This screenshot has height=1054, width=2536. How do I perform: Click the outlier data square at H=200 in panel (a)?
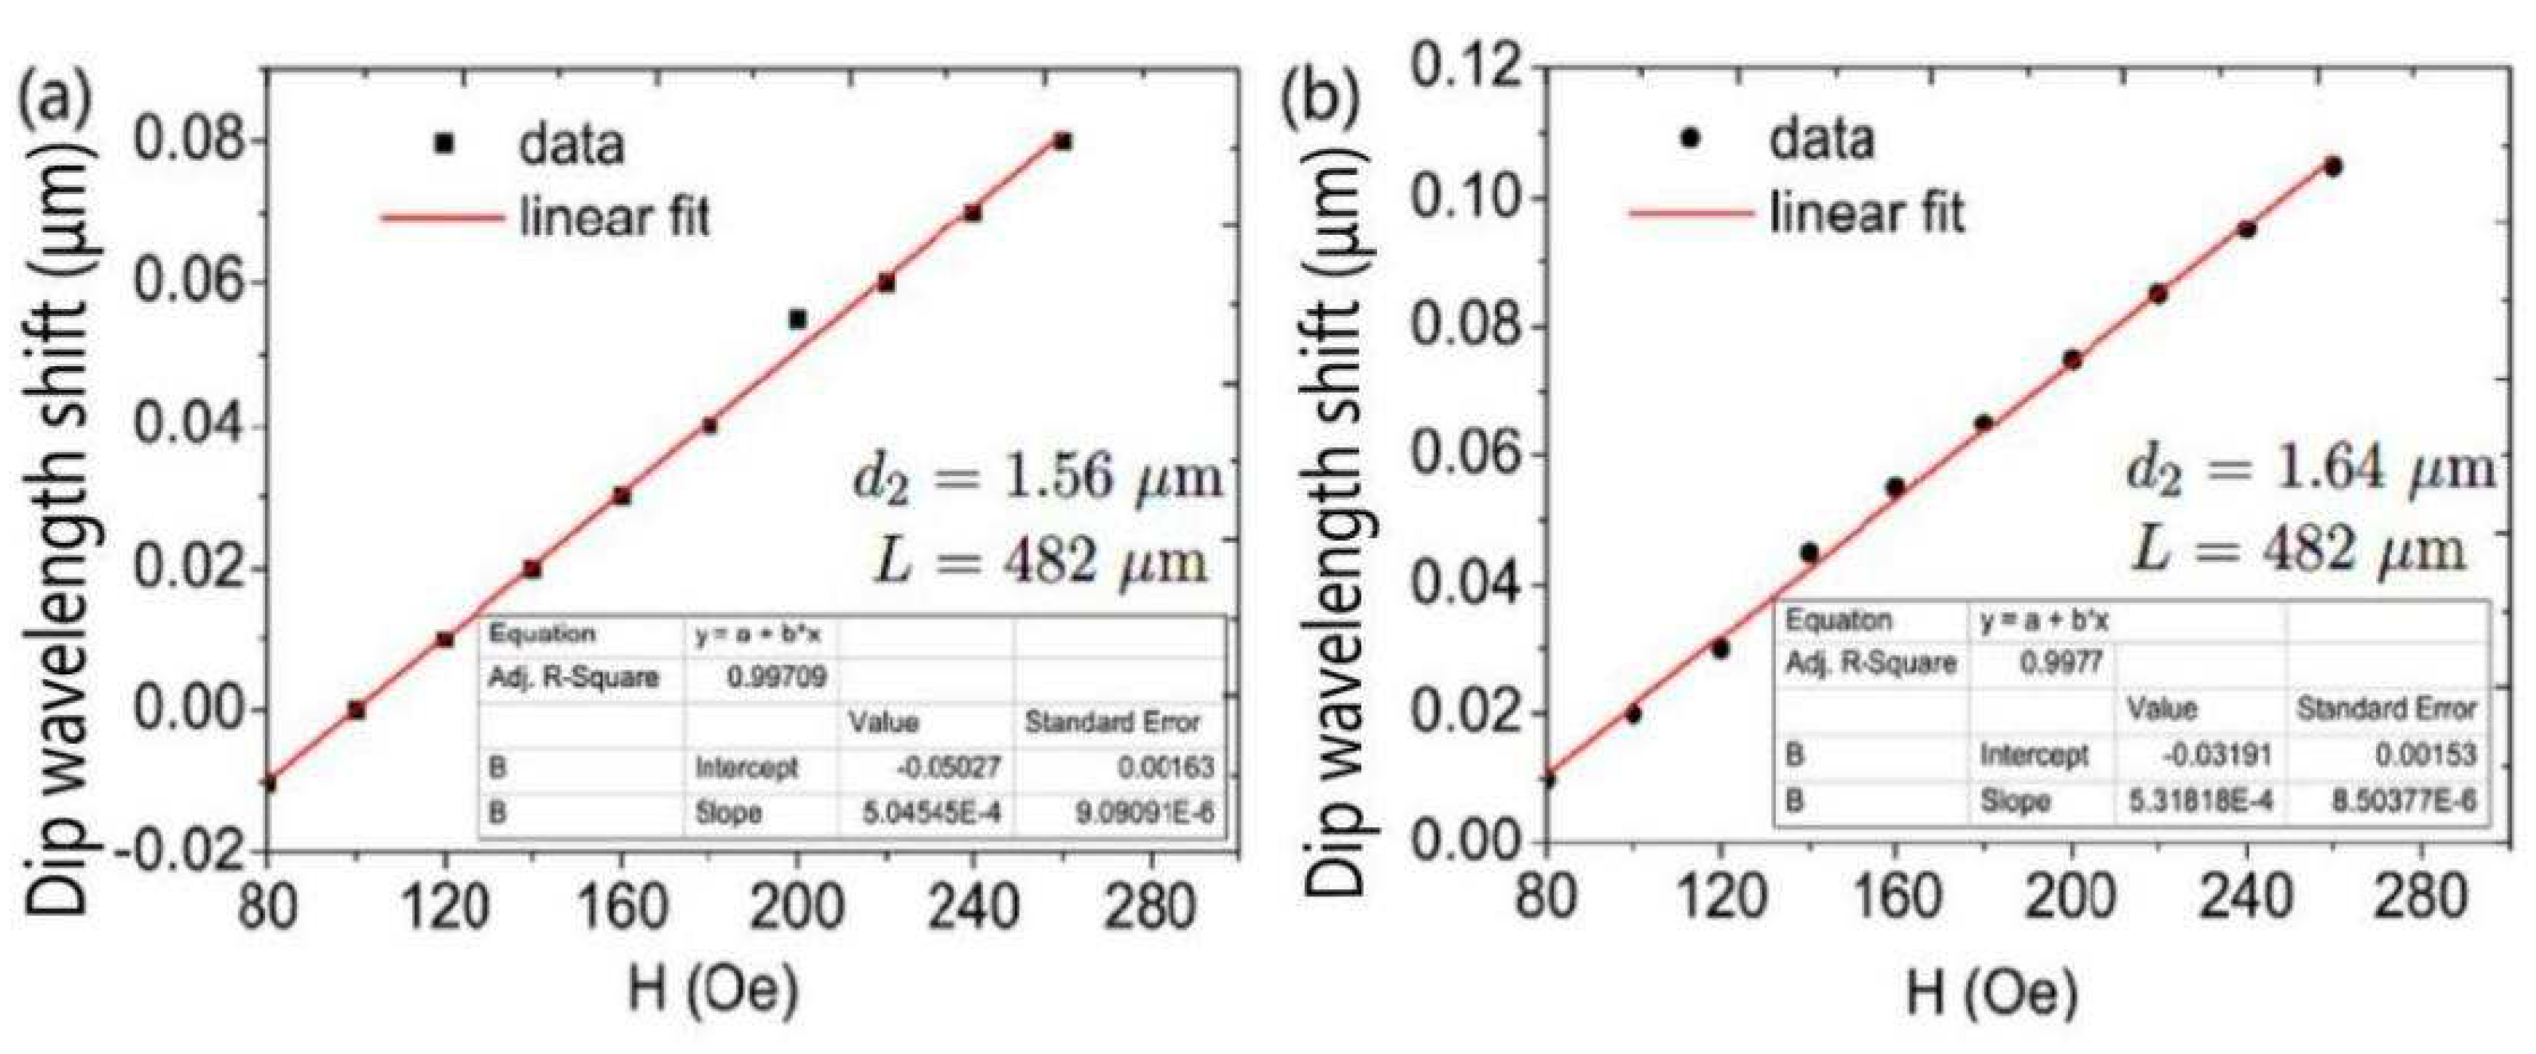click(798, 319)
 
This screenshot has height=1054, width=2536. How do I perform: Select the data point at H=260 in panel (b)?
click(2332, 166)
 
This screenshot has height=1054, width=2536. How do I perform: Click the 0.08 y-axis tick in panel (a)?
click(187, 141)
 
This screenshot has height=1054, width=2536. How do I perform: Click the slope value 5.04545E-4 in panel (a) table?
click(931, 813)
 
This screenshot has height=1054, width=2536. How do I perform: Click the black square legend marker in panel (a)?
click(444, 143)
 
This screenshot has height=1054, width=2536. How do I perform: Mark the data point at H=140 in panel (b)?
click(1809, 552)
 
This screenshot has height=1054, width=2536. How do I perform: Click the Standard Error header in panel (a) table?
click(1113, 722)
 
